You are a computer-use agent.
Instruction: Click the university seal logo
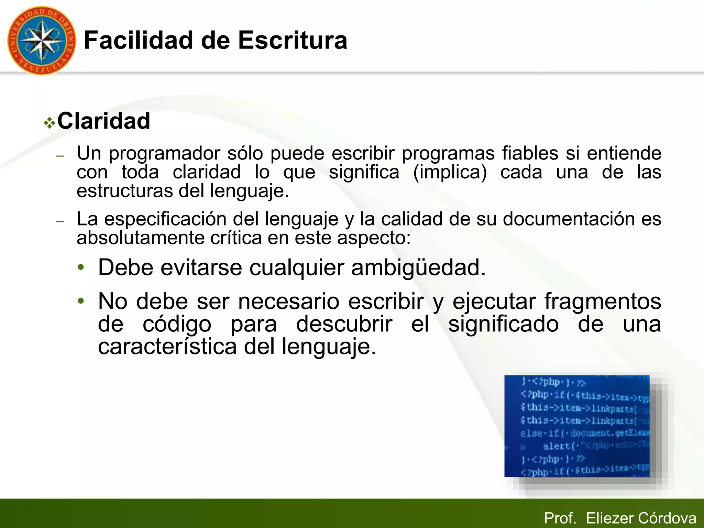pyautogui.click(x=41, y=41)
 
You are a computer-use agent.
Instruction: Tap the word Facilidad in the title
pyautogui.click(x=139, y=41)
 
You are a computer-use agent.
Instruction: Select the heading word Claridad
pyautogui.click(x=103, y=121)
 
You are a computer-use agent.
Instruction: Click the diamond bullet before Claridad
pyautogui.click(x=49, y=123)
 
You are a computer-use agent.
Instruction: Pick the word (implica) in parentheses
pyautogui.click(x=450, y=172)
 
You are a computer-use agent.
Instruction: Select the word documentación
pyautogui.click(x=569, y=219)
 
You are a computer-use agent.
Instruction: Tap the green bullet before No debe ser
pyautogui.click(x=81, y=301)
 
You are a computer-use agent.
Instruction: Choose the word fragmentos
pyautogui.click(x=603, y=301)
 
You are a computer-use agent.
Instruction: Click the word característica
pyautogui.click(x=167, y=347)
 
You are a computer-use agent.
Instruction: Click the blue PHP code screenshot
pyautogui.click(x=577, y=426)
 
